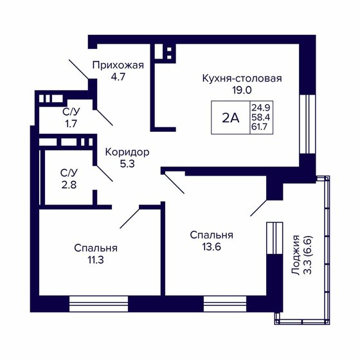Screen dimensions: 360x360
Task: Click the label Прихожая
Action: [x=117, y=65]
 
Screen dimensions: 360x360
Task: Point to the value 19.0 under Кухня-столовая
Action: [x=242, y=90]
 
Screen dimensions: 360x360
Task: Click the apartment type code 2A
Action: [x=230, y=118]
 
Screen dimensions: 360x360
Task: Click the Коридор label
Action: [x=127, y=152]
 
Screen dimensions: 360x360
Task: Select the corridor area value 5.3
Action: [x=127, y=164]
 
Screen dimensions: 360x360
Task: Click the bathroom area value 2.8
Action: [x=69, y=184]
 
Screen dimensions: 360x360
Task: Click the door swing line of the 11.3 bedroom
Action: [x=130, y=218]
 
